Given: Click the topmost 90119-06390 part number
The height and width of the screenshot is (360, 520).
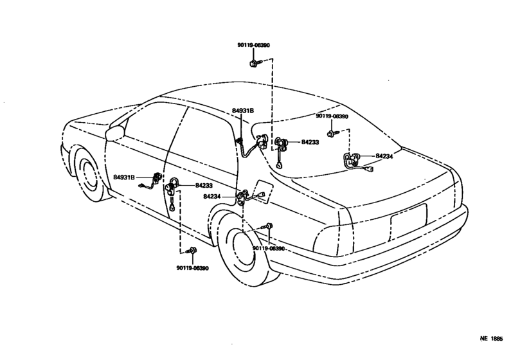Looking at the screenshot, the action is [x=253, y=45].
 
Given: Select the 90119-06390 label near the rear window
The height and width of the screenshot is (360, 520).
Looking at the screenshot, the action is [x=332, y=116].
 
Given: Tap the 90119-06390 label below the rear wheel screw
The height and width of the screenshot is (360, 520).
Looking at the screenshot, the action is [x=269, y=249].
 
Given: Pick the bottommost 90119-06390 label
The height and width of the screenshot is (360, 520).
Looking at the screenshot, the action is [x=193, y=268].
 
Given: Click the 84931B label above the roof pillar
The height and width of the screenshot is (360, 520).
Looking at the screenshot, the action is [x=243, y=111].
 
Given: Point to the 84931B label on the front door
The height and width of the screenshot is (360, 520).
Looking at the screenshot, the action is [x=124, y=177].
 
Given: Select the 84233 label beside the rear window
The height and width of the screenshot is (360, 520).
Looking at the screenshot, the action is [x=310, y=142].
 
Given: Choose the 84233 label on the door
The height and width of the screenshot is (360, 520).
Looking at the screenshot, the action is [x=204, y=186].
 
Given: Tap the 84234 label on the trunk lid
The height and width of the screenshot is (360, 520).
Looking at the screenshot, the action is [x=384, y=156].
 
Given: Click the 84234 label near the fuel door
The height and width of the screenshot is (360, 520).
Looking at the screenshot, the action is [x=212, y=197].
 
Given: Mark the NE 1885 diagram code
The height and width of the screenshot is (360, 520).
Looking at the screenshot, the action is [x=492, y=339].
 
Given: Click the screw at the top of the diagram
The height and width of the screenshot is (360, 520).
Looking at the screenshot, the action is [x=255, y=62].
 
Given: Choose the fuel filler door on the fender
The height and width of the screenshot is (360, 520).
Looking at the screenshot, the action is [x=261, y=192].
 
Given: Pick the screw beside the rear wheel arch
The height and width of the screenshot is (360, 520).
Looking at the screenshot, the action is [x=268, y=227].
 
